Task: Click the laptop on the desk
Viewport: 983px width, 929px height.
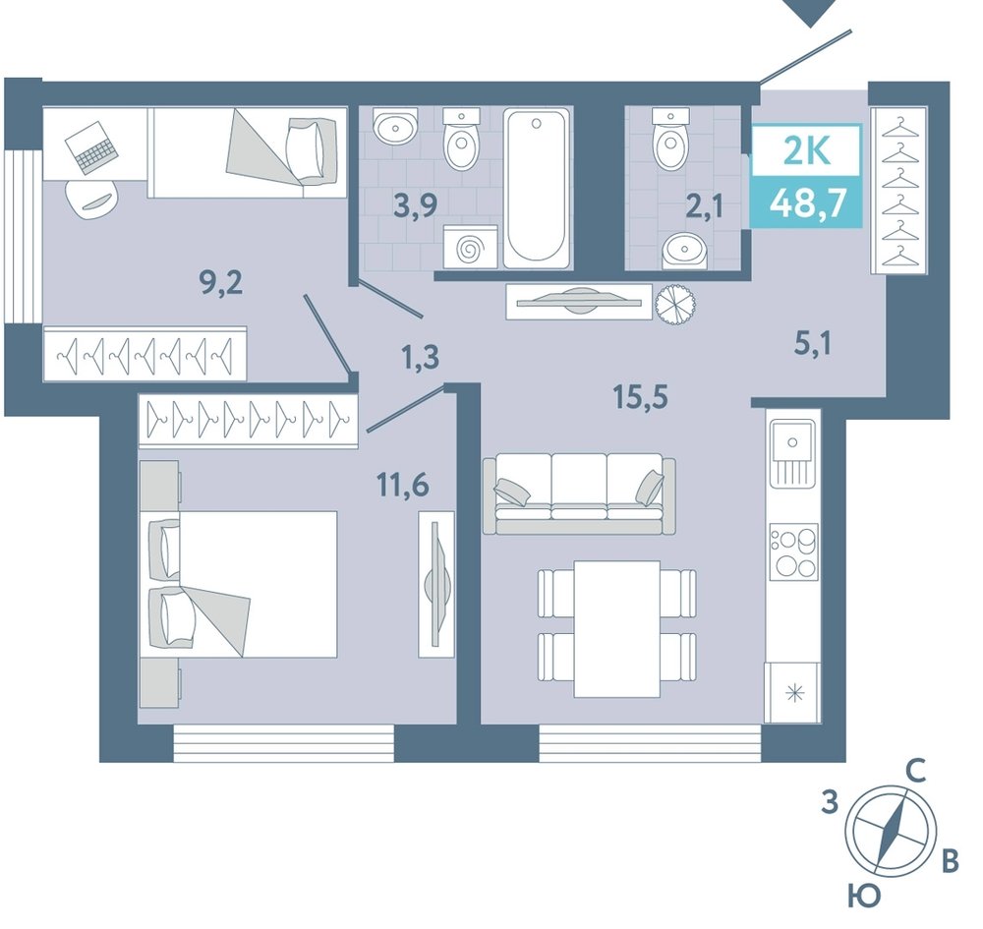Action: [91, 146]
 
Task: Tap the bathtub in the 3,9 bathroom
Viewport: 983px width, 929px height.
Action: [538, 188]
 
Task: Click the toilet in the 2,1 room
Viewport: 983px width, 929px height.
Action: [670, 140]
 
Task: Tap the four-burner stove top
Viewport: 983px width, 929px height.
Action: [793, 552]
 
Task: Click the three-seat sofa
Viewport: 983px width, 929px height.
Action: [579, 494]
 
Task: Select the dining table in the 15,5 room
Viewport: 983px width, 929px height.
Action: [617, 629]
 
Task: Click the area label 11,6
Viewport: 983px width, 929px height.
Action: [402, 484]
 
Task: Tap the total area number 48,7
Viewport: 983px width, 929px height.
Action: [808, 203]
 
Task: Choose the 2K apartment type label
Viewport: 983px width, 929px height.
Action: [807, 150]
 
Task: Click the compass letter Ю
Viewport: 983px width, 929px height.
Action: [864, 898]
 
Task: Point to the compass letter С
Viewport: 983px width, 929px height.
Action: [916, 772]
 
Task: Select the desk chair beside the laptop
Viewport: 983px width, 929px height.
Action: [91, 199]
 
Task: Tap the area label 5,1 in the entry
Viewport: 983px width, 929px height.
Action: [813, 344]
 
